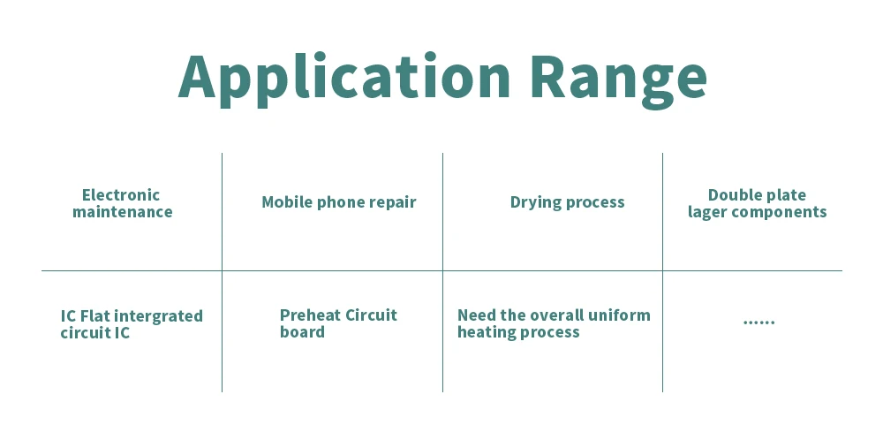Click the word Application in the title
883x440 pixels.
click(344, 80)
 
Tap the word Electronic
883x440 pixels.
click(121, 195)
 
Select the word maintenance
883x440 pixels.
click(122, 212)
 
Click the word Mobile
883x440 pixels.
click(287, 201)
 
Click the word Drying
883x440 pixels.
click(537, 203)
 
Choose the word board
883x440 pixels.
click(302, 332)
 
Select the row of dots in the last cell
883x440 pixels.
click(759, 322)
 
